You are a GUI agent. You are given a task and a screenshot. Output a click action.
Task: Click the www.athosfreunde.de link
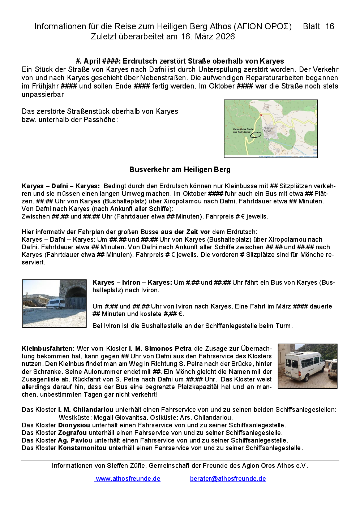point(128,479)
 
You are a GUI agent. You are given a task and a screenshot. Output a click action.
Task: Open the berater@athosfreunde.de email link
point(228,479)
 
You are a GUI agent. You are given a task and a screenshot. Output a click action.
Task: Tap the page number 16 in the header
point(330,26)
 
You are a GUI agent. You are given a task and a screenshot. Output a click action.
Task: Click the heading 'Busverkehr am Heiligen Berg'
point(180,169)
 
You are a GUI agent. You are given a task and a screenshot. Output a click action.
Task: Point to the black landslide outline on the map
point(256,135)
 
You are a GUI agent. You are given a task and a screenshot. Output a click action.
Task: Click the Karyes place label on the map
point(268,129)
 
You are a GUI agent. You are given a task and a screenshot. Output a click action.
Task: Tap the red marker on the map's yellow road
point(261,115)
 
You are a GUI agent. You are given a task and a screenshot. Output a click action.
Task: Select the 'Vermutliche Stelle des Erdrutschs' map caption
point(243,130)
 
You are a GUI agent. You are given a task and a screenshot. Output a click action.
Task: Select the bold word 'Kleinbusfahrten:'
point(48,349)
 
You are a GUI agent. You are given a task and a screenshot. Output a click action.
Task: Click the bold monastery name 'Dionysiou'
point(74,425)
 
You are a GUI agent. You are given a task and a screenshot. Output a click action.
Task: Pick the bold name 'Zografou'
point(72,433)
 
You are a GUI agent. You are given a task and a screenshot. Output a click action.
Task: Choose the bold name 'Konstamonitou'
point(82,448)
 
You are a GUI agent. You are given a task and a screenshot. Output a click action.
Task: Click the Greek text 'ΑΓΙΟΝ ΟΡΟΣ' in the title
point(263,26)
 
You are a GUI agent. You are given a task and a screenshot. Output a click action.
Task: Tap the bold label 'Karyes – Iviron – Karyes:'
point(132,282)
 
